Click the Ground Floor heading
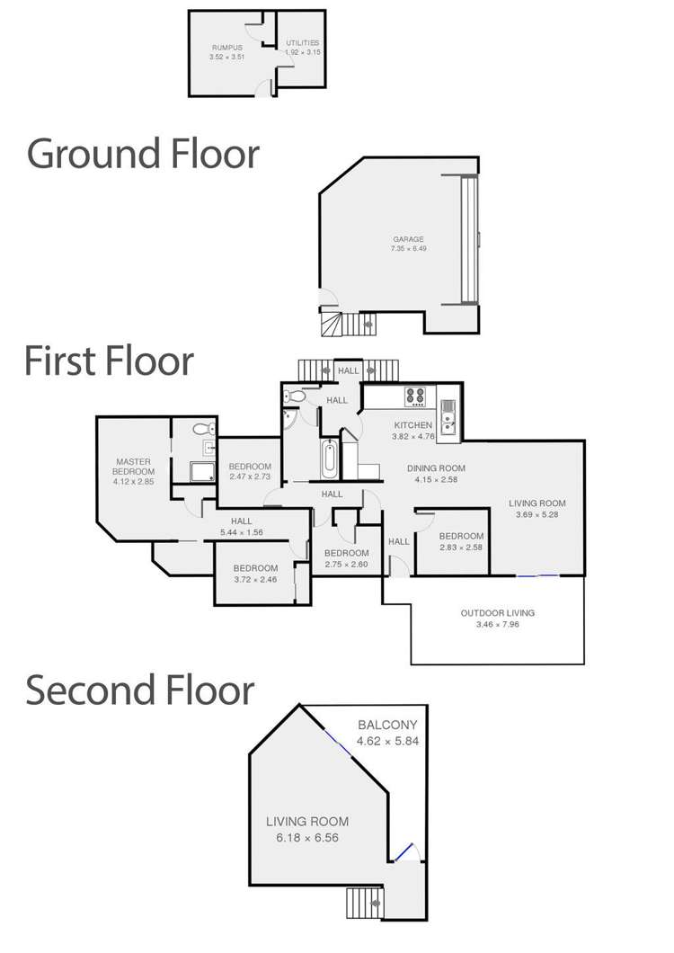(x=144, y=154)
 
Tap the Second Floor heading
(x=139, y=690)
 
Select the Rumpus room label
(x=227, y=48)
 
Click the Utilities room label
(x=302, y=43)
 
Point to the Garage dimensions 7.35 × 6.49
(x=407, y=248)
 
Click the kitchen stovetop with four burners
(x=417, y=396)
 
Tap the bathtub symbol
(x=330, y=459)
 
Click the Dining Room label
(x=436, y=468)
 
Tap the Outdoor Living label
(x=497, y=613)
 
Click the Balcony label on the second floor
(x=387, y=725)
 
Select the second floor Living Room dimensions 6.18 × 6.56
(x=307, y=837)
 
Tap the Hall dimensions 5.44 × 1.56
(x=241, y=532)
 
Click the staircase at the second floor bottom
(x=365, y=901)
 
